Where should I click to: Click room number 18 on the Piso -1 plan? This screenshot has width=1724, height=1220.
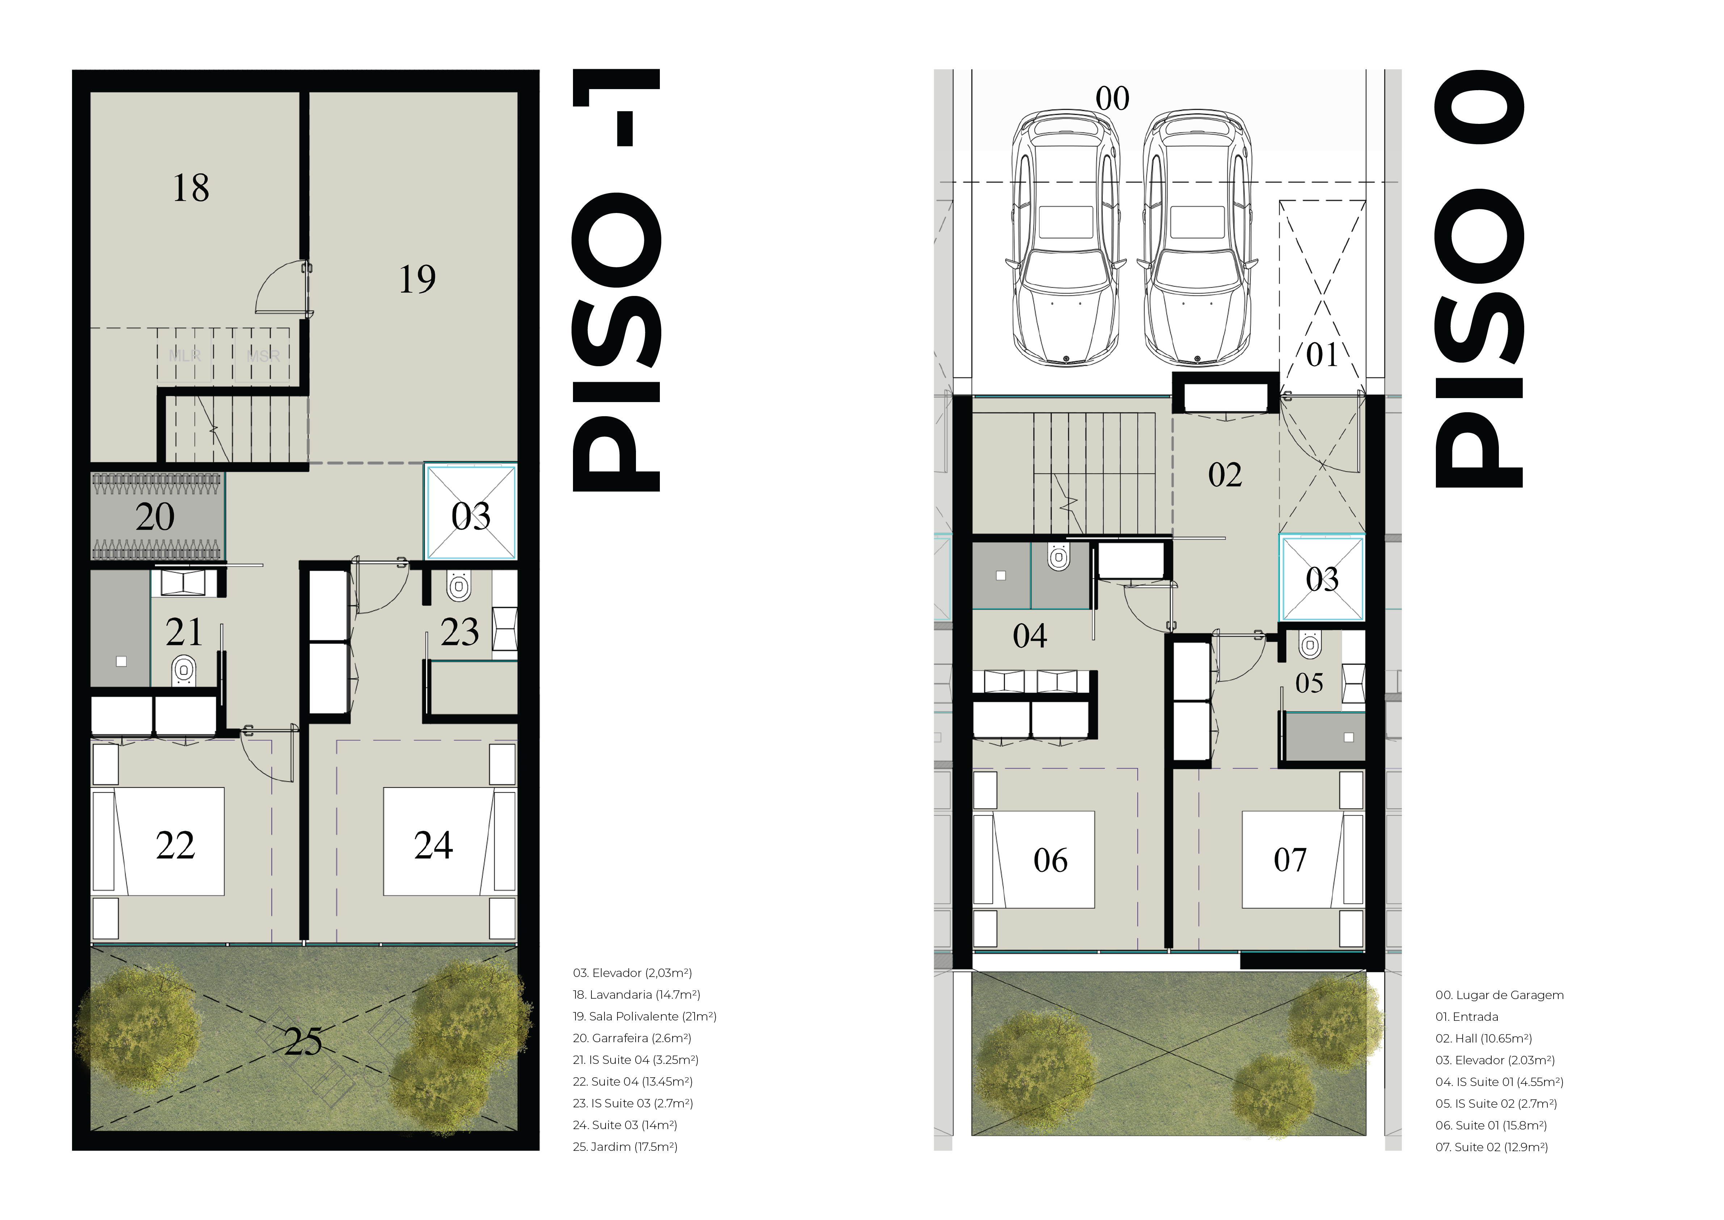click(191, 188)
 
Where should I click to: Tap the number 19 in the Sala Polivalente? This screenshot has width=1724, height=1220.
click(417, 279)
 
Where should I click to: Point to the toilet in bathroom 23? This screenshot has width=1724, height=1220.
click(459, 586)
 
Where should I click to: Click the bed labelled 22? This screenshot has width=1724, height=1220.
click(159, 841)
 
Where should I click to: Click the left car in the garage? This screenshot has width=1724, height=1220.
click(1066, 239)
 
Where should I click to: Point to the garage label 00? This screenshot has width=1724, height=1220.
click(1112, 99)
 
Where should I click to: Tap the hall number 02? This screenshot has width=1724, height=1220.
click(1224, 475)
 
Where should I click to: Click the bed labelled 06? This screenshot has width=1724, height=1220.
click(1034, 860)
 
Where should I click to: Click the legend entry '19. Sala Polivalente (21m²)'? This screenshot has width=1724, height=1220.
click(644, 1016)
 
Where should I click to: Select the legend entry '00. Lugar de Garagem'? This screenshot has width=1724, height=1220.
click(1500, 995)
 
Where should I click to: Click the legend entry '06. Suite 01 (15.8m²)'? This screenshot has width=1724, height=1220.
click(1491, 1125)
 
